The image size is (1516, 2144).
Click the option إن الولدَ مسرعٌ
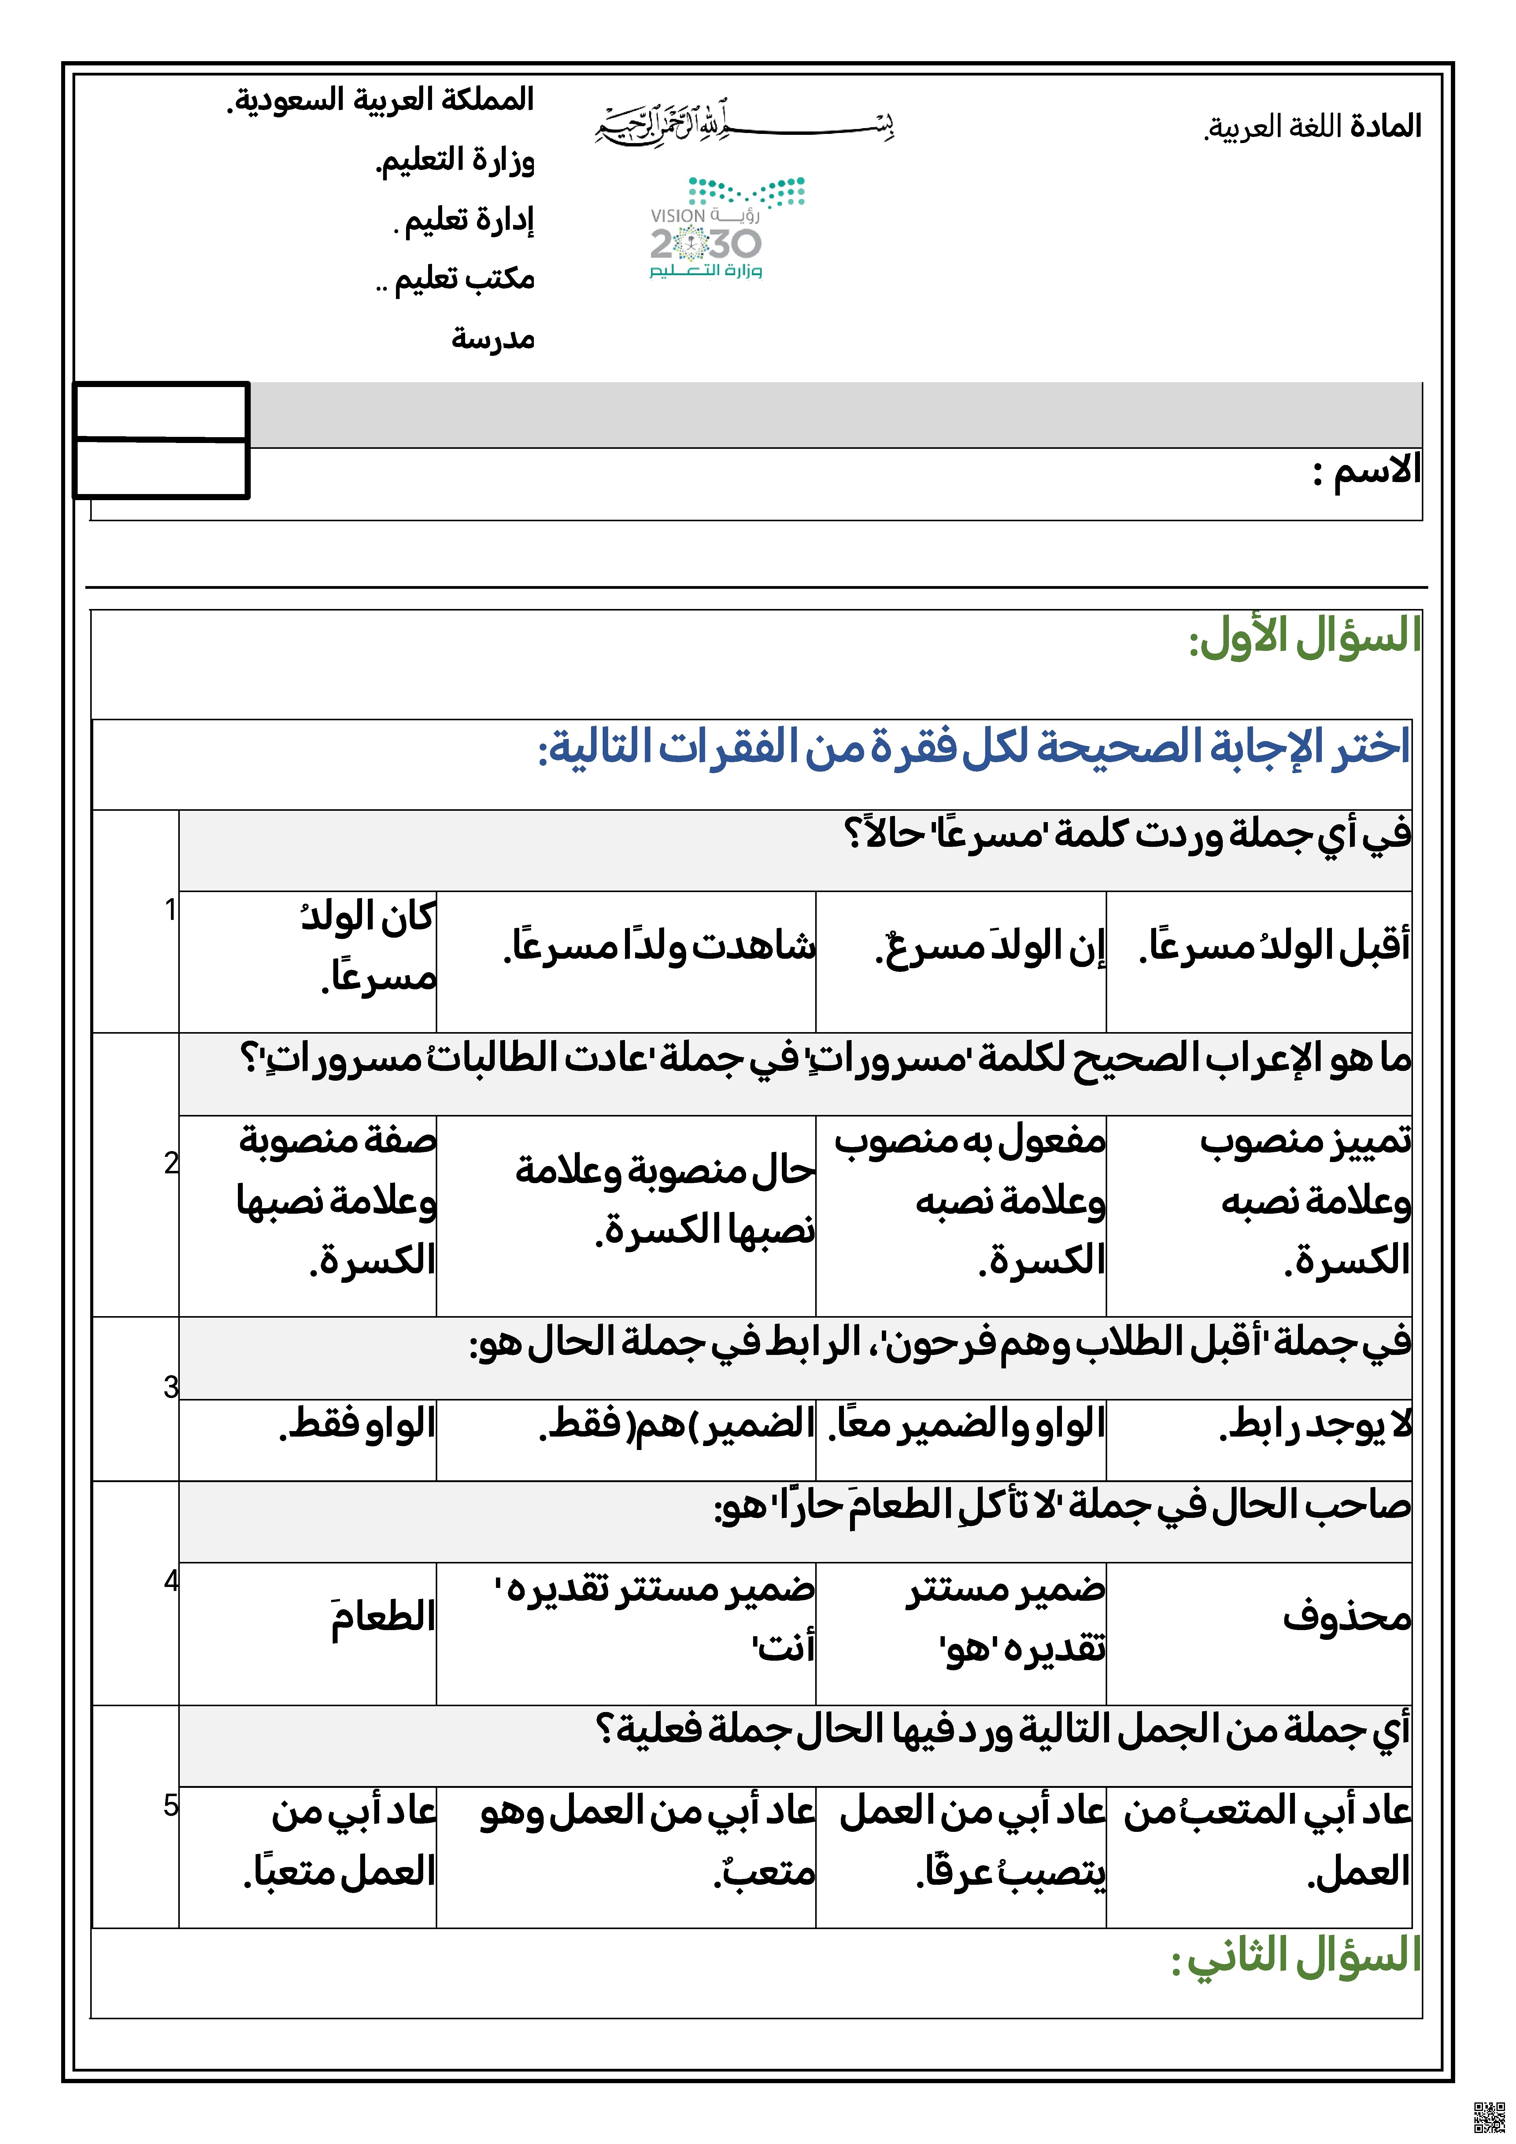click(x=990, y=947)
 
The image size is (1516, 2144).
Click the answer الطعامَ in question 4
click(x=383, y=1617)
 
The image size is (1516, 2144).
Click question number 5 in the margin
click(x=171, y=1805)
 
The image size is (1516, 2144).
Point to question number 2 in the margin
click(x=171, y=1163)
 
